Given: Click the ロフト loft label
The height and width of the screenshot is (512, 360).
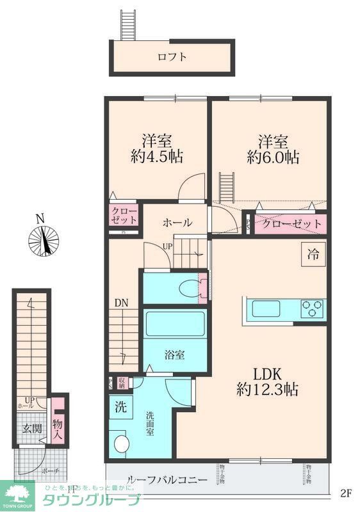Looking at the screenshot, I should click(x=172, y=57).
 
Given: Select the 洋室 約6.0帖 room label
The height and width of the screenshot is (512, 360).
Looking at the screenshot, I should click(x=273, y=149).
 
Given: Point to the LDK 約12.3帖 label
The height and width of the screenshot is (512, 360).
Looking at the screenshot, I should click(x=268, y=380).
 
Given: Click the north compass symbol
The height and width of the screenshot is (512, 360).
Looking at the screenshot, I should click(x=43, y=240).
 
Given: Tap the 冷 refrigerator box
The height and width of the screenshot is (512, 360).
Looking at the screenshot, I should click(x=313, y=253).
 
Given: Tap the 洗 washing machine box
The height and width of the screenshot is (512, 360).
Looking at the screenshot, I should click(x=120, y=406).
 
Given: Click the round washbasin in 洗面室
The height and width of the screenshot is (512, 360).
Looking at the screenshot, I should click(x=119, y=442).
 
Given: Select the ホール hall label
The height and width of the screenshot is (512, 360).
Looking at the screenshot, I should click(x=177, y=223).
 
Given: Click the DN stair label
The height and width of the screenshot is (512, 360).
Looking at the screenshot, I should click(x=122, y=303).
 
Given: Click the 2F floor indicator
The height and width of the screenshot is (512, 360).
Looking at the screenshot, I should click(x=346, y=493).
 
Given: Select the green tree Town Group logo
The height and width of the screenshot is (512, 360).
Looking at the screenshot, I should click(x=19, y=493).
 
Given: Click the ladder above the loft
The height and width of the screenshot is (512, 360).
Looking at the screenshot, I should click(x=129, y=24).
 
